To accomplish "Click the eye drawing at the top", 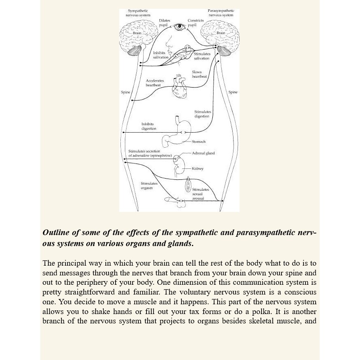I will [179, 27].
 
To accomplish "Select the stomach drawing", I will [179, 132].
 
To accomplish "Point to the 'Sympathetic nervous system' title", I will [138, 13].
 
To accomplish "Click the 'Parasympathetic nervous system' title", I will [221, 13].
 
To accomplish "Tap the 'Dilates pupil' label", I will [164, 22].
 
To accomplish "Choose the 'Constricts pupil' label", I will [195, 22].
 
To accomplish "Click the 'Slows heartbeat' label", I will [199, 74].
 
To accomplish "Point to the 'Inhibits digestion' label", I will [148, 126].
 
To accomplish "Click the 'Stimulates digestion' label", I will [202, 114].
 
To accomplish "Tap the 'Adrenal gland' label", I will [203, 153].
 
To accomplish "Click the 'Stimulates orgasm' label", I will [149, 185].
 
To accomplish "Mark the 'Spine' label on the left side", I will [126, 92].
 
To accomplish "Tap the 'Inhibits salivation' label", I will [161, 55].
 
